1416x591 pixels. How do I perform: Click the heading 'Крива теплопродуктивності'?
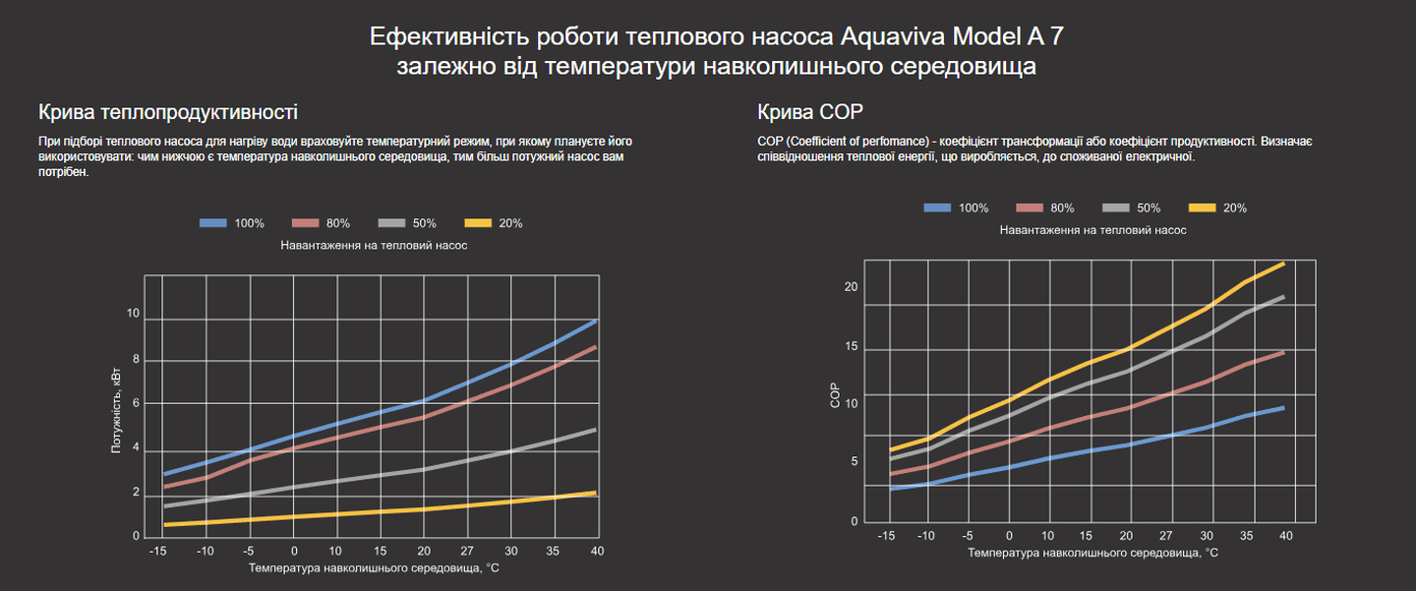point(167,111)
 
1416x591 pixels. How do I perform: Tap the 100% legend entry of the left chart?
point(232,223)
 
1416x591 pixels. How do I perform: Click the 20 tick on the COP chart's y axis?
point(852,287)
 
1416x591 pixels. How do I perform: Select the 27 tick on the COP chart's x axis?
point(1165,536)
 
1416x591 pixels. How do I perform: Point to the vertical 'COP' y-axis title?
point(835,396)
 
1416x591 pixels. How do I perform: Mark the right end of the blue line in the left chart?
point(597,321)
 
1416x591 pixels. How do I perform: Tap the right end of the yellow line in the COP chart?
point(1284,264)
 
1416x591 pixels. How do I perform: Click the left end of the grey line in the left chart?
point(164,506)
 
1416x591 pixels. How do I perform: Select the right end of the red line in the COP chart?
point(1284,352)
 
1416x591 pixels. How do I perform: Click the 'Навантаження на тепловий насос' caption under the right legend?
point(1092,230)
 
